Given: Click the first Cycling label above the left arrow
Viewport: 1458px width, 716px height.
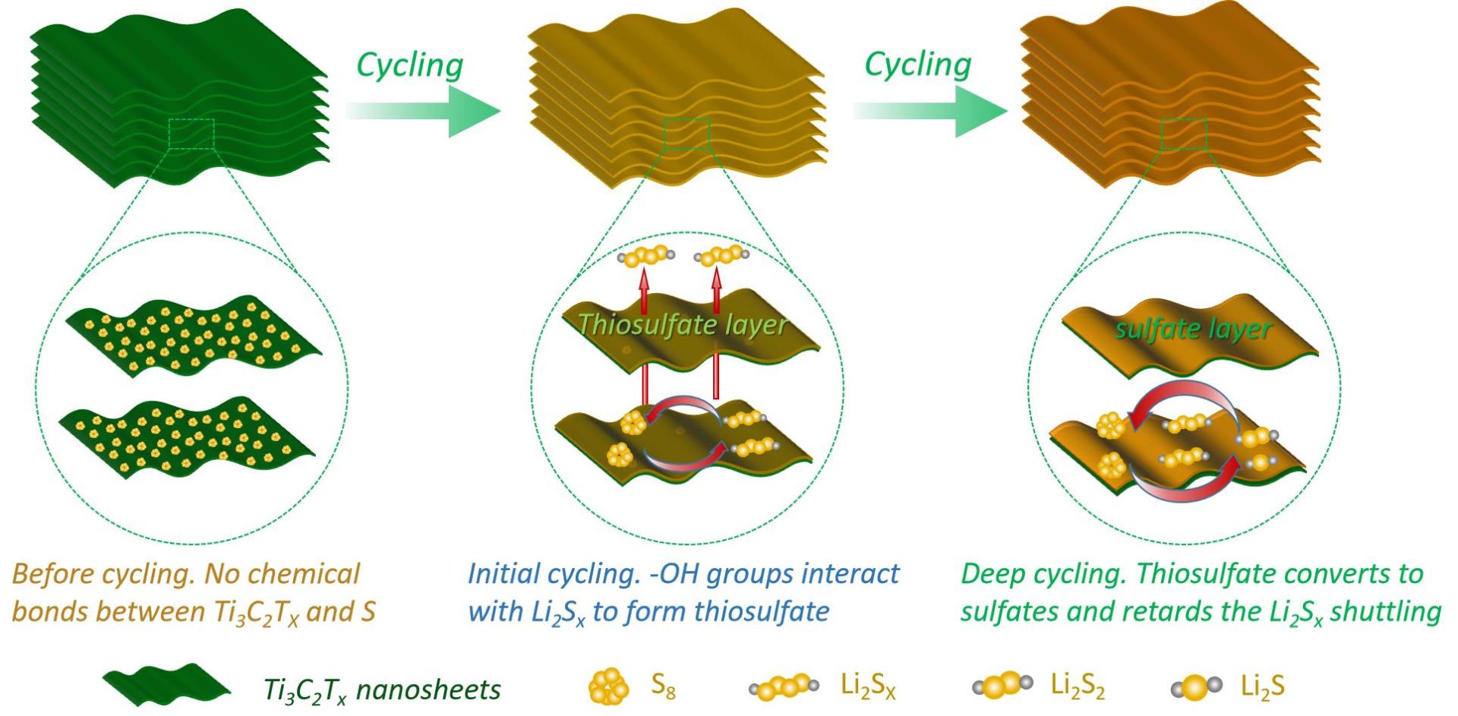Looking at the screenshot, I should click(409, 65).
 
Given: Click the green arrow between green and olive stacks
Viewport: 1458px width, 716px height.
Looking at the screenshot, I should click(425, 111).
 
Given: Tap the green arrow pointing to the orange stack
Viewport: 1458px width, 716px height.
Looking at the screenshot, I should click(932, 111).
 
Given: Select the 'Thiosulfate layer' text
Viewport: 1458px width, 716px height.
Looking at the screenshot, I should click(682, 325).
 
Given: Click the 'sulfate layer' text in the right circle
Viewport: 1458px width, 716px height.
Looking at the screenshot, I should click(1192, 329).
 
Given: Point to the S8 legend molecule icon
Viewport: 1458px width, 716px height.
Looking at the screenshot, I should click(609, 686).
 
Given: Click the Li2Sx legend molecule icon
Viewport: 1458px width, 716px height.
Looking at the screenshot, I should click(784, 687).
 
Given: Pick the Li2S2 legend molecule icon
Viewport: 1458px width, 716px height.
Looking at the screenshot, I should click(1002, 685).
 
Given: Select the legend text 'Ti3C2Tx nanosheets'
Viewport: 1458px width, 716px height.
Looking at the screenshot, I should click(382, 689).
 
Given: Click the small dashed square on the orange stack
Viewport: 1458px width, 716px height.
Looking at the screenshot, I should click(1183, 134).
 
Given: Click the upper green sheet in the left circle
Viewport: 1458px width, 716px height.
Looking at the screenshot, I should click(194, 334).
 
